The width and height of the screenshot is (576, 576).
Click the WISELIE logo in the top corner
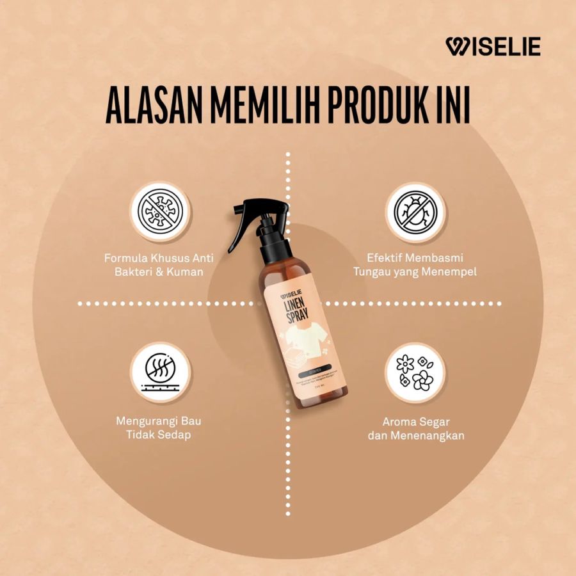point(493,46)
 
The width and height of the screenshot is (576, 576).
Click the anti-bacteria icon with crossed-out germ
point(160,212)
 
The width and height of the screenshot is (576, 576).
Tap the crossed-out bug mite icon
point(416,212)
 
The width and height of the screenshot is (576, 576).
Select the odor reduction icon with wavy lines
point(160,372)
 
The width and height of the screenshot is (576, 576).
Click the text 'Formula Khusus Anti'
point(159,258)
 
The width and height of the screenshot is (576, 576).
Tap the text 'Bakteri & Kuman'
point(159,272)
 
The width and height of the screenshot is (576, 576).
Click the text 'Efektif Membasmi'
point(415,258)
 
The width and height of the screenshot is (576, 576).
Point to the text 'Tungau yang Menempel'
point(415,272)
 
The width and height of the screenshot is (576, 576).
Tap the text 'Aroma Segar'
point(416,422)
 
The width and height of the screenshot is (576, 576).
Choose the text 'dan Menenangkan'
point(416,436)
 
